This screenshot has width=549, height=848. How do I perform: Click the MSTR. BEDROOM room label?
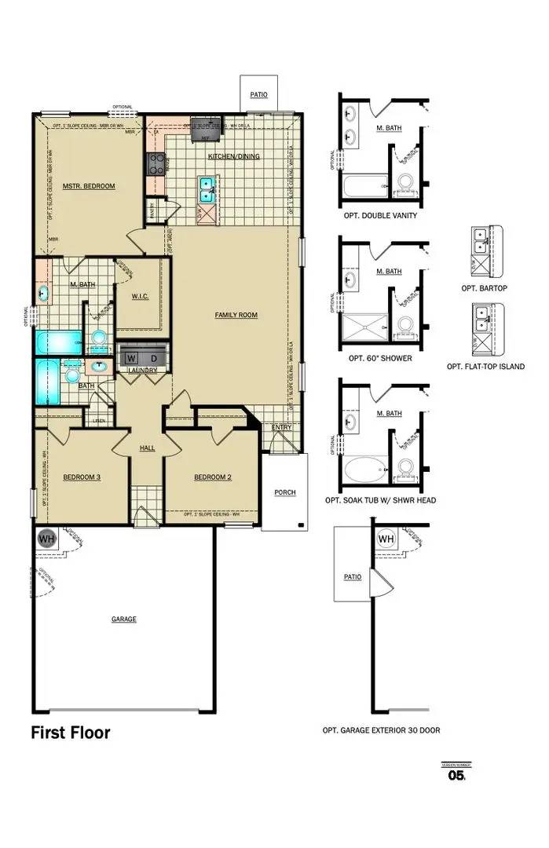(89, 186)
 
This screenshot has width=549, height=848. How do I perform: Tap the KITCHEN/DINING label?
(233, 157)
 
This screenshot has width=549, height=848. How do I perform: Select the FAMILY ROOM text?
(236, 315)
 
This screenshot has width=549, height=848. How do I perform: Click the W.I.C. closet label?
(138, 297)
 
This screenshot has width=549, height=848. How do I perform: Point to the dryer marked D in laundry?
(154, 359)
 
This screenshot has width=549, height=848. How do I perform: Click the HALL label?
(148, 448)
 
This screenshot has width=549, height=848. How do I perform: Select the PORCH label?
(284, 492)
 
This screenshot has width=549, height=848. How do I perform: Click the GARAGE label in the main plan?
(123, 620)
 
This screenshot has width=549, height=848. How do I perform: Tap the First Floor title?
(71, 733)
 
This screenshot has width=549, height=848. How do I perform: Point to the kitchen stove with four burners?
(156, 164)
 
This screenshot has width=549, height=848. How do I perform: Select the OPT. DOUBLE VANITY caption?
(380, 215)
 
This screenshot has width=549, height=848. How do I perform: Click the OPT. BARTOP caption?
(484, 288)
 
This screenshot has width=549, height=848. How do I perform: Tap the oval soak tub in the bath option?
(362, 470)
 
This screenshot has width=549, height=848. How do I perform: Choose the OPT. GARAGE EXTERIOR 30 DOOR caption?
(381, 730)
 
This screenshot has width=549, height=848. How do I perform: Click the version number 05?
(456, 776)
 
